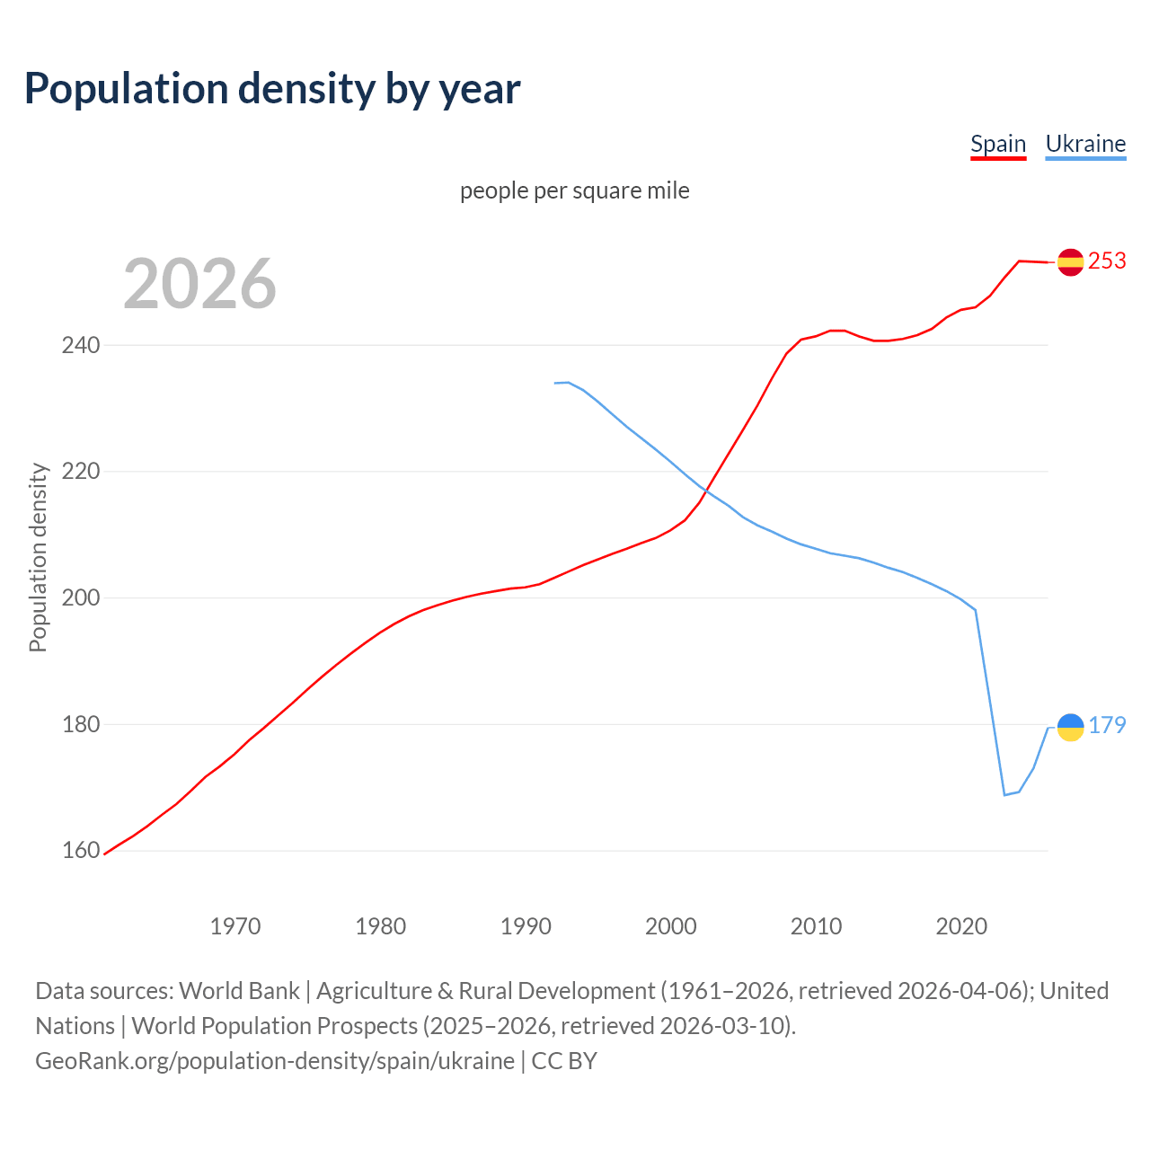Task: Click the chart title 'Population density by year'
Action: pos(272,89)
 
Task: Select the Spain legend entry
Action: pos(997,144)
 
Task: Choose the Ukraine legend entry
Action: pos(1085,144)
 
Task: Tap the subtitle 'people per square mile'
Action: pos(574,190)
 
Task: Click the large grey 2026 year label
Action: pos(199,284)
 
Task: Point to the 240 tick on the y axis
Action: pos(80,345)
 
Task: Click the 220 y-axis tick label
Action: pos(80,472)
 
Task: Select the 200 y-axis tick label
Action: pos(80,598)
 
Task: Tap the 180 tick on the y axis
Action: pos(80,724)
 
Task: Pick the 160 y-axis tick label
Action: pos(80,850)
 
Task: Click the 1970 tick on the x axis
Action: pos(235,925)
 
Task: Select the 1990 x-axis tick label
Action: pos(526,925)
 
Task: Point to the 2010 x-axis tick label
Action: pos(816,925)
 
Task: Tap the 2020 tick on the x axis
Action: pos(961,925)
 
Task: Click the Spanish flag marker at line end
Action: pos(1070,262)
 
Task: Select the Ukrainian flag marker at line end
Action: pos(1070,727)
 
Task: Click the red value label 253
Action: pos(1107,261)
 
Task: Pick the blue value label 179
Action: pos(1107,725)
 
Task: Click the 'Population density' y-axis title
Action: pos(38,557)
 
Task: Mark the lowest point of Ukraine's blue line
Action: pos(1004,795)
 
